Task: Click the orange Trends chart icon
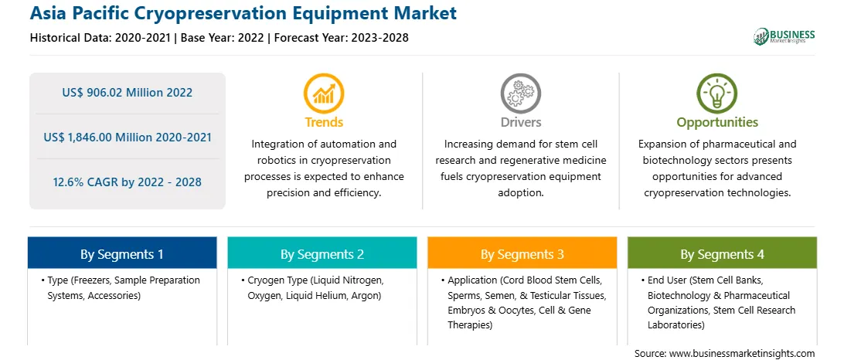pos(324,93)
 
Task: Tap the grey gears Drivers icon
pos(520,93)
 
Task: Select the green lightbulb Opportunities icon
pos(717,93)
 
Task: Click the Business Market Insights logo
pos(784,36)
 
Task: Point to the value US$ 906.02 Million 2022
pos(127,93)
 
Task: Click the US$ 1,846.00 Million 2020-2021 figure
pos(128,138)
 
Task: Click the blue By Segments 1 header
pos(122,254)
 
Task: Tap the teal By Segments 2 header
pos(322,254)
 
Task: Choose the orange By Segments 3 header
pos(522,254)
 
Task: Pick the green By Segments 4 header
pos(723,254)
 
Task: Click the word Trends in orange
pos(324,122)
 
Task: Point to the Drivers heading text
pos(521,122)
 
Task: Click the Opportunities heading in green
pos(717,123)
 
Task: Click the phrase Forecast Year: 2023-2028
pos(339,38)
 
